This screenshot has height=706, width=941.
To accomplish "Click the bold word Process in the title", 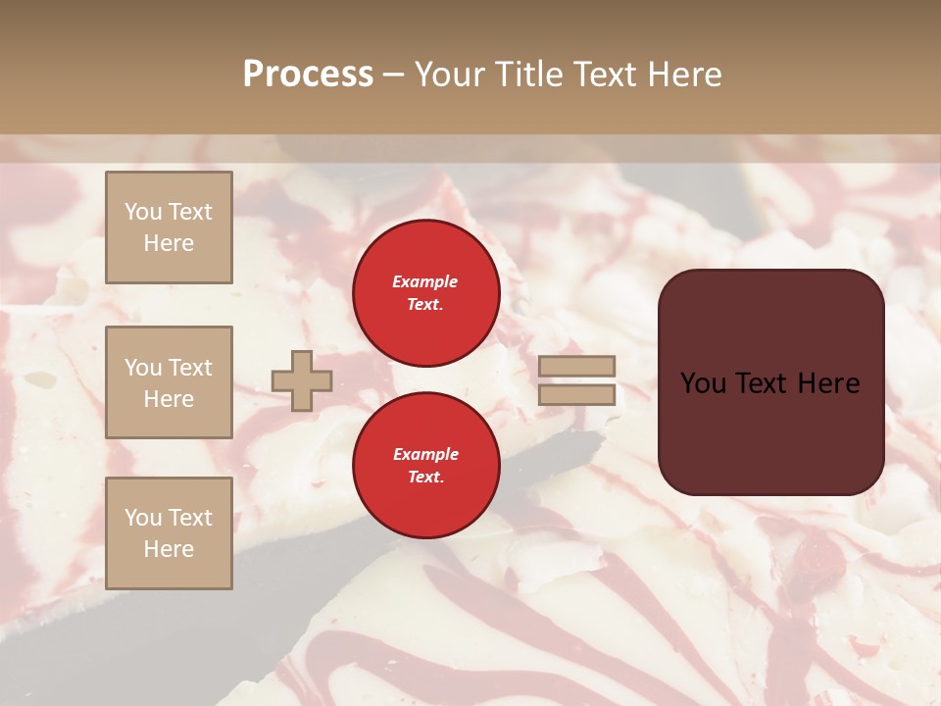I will click(x=308, y=74).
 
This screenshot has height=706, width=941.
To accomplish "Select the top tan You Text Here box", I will click(x=169, y=227).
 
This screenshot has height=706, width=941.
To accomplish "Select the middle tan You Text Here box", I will click(x=169, y=382).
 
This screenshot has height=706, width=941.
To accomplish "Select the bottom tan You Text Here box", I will click(x=169, y=532).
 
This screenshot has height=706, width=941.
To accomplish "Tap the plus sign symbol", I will click(x=302, y=380).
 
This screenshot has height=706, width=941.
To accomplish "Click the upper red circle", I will click(x=426, y=292).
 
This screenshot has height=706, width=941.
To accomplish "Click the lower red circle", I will click(x=426, y=465).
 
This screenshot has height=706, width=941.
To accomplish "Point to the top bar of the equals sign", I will click(x=577, y=367).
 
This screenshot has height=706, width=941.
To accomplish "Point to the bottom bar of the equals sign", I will click(x=577, y=395).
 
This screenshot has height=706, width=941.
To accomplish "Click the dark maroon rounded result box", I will click(x=770, y=382).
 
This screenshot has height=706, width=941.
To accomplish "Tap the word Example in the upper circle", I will click(x=425, y=281).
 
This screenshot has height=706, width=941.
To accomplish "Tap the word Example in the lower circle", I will click(x=425, y=454).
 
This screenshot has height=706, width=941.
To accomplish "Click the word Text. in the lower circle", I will click(x=425, y=477).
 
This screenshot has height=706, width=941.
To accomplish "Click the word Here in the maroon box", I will click(x=828, y=383).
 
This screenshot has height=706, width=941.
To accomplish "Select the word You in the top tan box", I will click(x=143, y=212).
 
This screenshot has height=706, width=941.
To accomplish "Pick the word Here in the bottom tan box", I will click(x=169, y=549).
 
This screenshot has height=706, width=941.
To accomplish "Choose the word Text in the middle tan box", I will click(x=191, y=368).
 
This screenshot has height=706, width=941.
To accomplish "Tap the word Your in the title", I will click(x=450, y=74).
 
